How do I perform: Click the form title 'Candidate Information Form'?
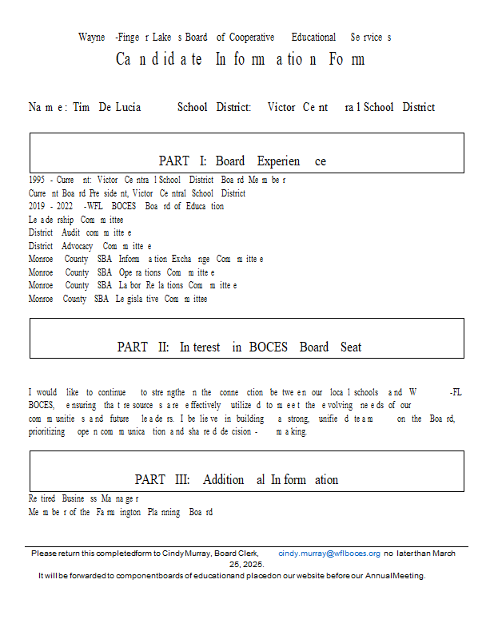click(240, 59)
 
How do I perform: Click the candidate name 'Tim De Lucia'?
click(106, 107)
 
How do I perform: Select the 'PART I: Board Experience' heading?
click(242, 161)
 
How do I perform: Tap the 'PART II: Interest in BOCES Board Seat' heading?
click(239, 347)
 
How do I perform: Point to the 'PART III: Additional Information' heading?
click(236, 479)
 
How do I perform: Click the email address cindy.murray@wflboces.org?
click(329, 553)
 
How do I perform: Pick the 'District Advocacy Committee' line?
click(90, 246)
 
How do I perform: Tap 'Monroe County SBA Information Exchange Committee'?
click(146, 259)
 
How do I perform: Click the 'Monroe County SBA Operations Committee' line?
click(122, 272)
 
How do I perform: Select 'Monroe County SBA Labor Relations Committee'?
click(133, 285)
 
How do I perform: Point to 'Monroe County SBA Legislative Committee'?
click(118, 299)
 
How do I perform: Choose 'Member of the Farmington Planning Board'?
click(120, 512)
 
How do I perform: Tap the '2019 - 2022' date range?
click(50, 206)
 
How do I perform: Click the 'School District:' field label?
click(214, 107)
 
